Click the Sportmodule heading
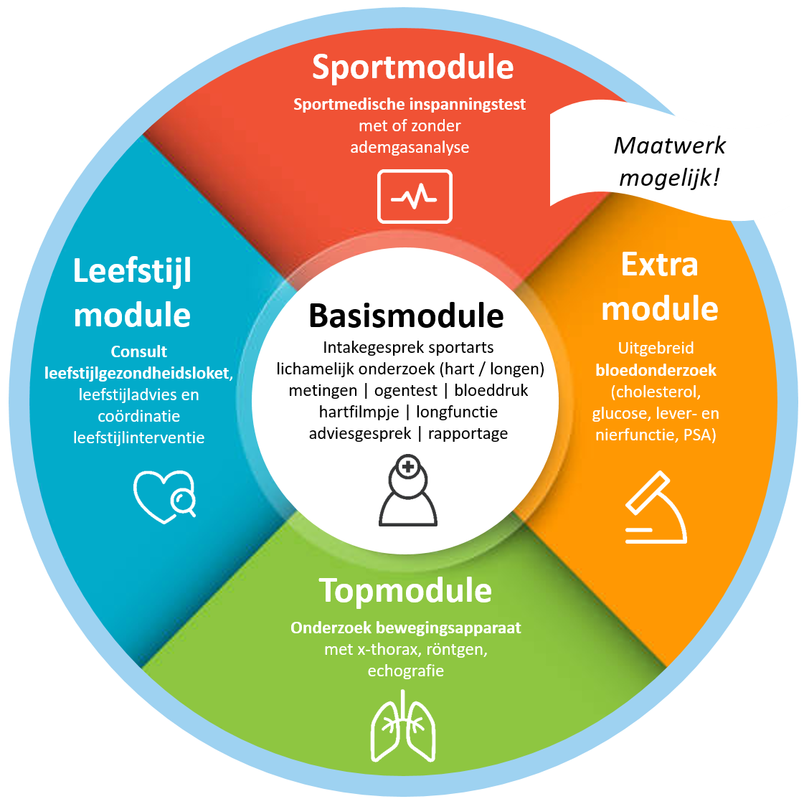pos(412,67)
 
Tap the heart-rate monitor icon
pos(415,196)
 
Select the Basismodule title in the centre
pos(406,316)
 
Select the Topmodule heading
pos(405,590)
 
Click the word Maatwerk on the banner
pos(669,146)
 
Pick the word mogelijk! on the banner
pos(669,177)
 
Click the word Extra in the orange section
pos(659,265)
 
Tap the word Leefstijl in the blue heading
pos(133,271)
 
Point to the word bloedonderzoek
pos(656,371)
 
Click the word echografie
pos(405,671)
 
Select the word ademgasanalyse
pos(410,148)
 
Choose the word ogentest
pos(405,390)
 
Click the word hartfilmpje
pos(359,412)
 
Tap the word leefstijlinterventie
pos(138,438)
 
